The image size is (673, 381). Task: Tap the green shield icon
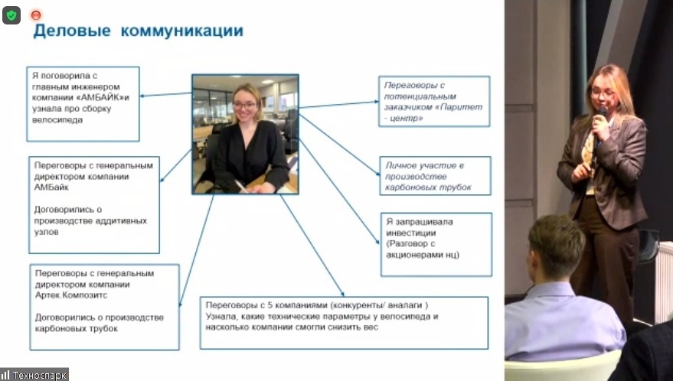pos(11,15)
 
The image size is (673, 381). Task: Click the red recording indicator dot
pos(35,15)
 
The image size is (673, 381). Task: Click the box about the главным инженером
pos(83,103)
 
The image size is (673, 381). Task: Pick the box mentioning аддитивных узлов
pos(93,204)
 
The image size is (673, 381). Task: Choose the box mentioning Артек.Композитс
pos(103,306)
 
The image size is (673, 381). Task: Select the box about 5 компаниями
pos(343,322)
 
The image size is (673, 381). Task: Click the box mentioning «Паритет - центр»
pos(434,101)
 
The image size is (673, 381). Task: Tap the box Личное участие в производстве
pos(435,176)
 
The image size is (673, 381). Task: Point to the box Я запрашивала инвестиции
pos(435,243)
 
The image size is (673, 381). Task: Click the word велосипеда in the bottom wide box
pos(411,316)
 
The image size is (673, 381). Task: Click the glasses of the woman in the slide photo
pos(245,105)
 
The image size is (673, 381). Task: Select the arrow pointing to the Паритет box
pos(337,103)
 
